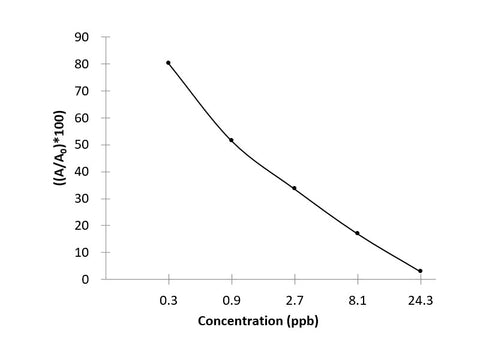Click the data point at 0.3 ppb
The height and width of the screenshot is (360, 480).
click(168, 63)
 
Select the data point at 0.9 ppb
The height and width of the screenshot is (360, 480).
click(231, 140)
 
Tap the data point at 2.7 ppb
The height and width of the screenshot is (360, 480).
click(294, 188)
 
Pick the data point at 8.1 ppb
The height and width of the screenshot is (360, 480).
click(357, 233)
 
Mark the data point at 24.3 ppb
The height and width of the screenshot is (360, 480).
click(420, 271)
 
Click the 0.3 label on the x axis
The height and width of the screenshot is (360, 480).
click(168, 298)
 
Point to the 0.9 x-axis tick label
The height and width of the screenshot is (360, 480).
click(231, 298)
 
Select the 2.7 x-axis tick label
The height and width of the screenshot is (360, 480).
click(294, 298)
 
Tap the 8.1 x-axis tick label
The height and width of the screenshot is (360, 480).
click(357, 298)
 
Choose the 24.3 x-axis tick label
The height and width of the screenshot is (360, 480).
click(420, 298)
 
